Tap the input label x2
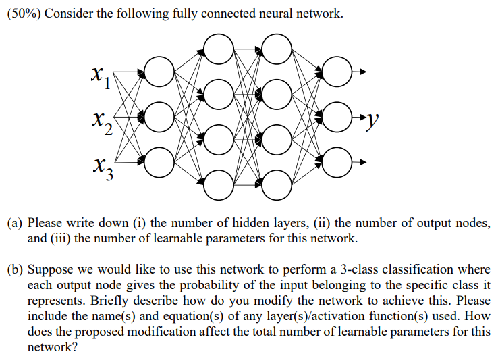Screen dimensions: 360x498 (98, 122)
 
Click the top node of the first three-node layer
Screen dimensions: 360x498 (159, 73)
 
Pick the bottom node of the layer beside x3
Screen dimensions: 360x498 (159, 161)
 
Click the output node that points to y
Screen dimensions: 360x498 (337, 117)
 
